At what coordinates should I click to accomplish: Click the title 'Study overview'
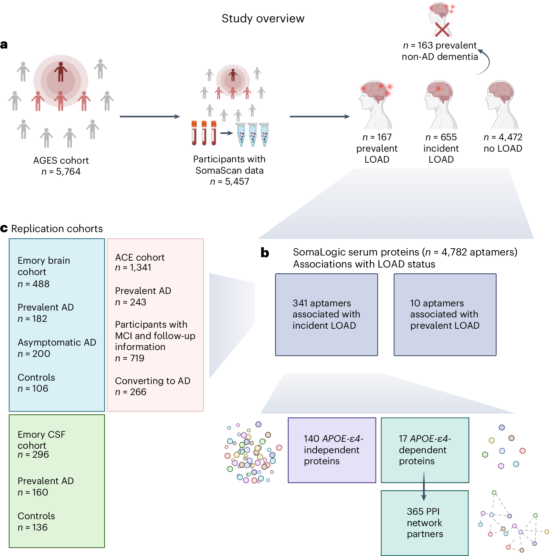[x=263, y=19]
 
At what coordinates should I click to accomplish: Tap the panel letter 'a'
[x=4, y=45]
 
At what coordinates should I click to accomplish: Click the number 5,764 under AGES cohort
[x=68, y=172]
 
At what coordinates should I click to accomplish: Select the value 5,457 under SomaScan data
[x=237, y=182]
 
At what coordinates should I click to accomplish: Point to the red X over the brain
[x=442, y=30]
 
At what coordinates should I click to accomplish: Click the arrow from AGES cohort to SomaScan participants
[x=150, y=117]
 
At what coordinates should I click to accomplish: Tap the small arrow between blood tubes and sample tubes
[x=226, y=133]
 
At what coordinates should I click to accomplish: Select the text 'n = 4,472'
[x=503, y=137]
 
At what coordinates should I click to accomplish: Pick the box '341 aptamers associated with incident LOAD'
[x=326, y=315]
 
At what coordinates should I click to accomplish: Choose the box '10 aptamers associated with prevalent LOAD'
[x=445, y=315]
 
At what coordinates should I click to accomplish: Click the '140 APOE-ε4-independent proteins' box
[x=332, y=450]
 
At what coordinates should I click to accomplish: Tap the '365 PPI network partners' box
[x=425, y=523]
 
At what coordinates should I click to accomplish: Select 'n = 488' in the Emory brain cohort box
[x=34, y=284]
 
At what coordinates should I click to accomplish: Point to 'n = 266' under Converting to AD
[x=131, y=392]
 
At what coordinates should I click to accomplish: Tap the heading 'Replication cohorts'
[x=57, y=229]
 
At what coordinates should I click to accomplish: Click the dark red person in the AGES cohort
[x=61, y=72]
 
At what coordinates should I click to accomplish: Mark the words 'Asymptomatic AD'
[x=57, y=342]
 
